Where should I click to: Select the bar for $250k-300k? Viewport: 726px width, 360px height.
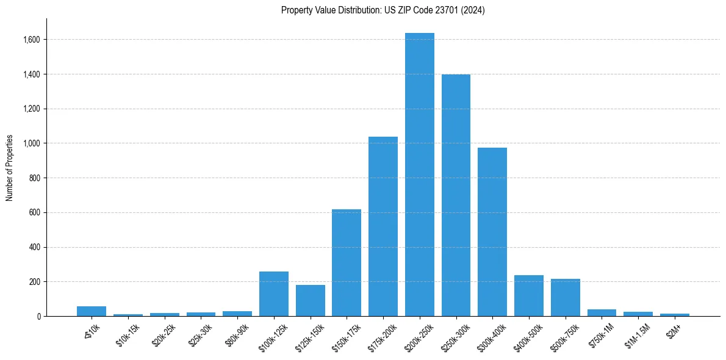456,195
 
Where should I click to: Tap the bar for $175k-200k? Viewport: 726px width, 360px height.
383,226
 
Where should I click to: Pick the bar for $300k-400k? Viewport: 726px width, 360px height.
492,232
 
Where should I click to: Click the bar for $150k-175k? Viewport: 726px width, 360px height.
347,262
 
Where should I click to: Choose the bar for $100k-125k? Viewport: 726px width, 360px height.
274,293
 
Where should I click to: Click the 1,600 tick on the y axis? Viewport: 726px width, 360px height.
32,40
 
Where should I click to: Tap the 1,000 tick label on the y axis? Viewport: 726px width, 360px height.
32,143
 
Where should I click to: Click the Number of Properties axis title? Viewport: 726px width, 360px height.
10,167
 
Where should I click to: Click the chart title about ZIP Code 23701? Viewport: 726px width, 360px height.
383,10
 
